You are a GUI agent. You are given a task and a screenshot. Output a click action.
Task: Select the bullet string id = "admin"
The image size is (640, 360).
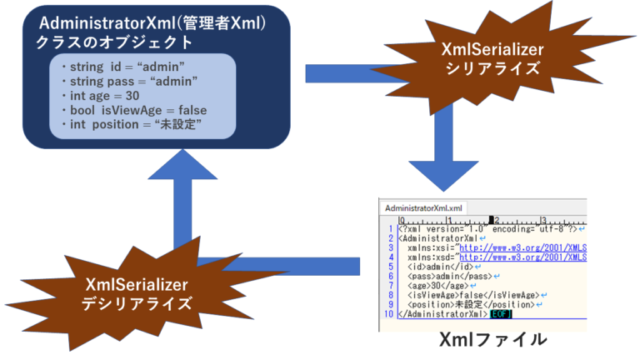(122, 65)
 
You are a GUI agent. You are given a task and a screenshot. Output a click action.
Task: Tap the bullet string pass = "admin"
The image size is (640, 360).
(129, 81)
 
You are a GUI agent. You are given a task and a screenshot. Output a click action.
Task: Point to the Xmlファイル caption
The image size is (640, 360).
(493, 339)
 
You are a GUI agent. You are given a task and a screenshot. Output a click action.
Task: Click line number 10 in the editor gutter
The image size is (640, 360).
(389, 314)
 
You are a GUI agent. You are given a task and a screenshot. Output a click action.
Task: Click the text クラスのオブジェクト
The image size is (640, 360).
(114, 42)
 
